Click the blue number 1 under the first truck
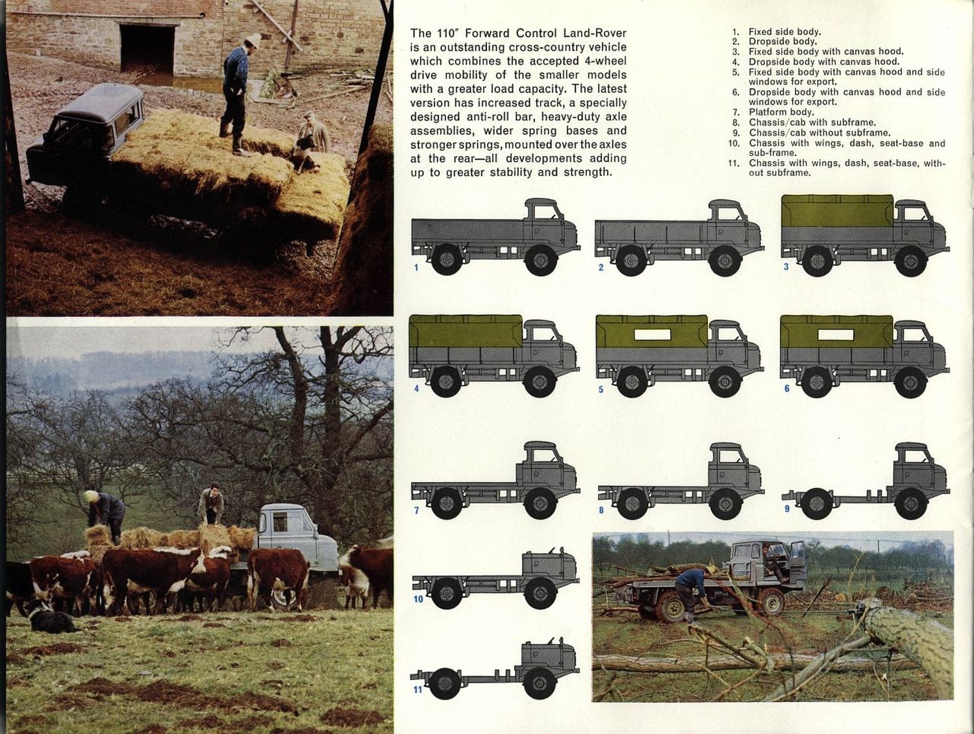coord(416,267)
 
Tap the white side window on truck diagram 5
coord(652,335)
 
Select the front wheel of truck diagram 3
coord(910,262)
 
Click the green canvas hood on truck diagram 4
coord(466,331)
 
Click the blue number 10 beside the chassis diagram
coord(418,599)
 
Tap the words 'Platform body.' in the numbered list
coord(780,112)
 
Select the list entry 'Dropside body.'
coord(782,42)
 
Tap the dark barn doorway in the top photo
coord(147,49)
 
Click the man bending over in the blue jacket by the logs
coord(691,588)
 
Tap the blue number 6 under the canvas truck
coord(786,388)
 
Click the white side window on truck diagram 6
coord(836,335)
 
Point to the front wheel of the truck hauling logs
coord(771,601)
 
